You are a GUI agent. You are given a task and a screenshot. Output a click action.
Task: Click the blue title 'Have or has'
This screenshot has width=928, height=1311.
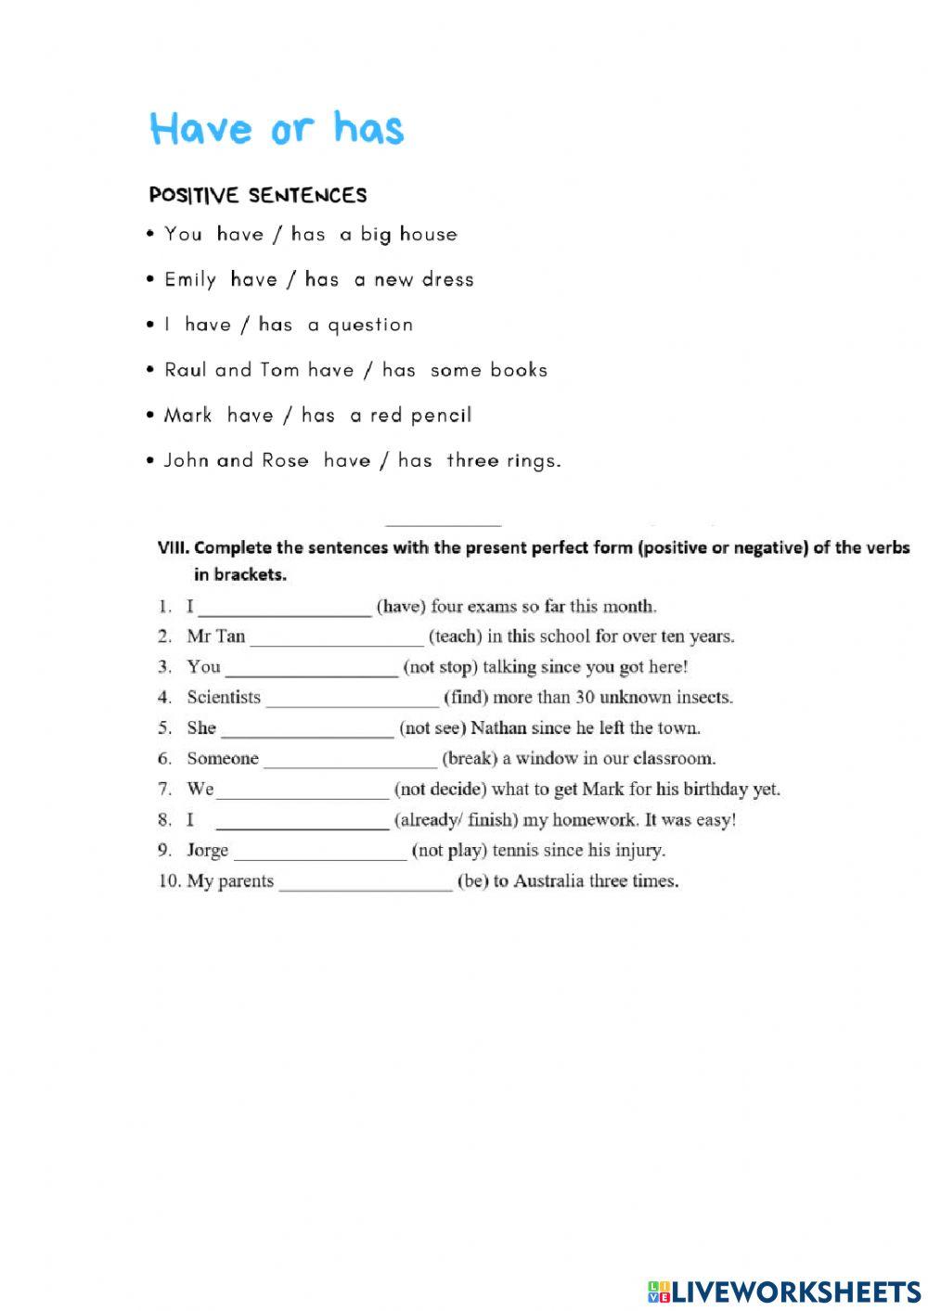coord(277,128)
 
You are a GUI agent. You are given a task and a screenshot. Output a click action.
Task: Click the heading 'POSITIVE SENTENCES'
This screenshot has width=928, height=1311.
coord(258,195)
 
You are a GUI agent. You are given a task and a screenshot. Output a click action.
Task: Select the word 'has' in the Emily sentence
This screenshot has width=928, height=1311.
coord(322,279)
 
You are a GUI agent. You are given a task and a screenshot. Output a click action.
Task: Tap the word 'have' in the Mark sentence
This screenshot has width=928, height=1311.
coord(250,415)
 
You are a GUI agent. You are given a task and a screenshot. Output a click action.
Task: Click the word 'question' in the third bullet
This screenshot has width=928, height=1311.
coord(370,325)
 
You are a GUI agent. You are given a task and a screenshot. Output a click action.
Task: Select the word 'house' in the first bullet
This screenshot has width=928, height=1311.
coord(428,234)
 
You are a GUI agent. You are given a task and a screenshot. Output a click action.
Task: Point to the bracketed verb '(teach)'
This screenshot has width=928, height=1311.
coord(455,636)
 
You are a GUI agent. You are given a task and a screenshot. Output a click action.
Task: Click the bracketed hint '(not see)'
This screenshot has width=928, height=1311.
coord(432,728)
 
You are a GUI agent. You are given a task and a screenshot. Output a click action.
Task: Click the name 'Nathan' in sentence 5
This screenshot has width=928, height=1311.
coord(498,728)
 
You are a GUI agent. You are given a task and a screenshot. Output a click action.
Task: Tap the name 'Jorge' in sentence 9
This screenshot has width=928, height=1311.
coord(207,851)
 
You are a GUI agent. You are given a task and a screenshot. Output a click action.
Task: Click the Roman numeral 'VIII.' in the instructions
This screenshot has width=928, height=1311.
coord(174,547)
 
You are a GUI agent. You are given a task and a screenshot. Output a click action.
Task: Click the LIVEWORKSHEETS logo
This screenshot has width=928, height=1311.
coord(784,1292)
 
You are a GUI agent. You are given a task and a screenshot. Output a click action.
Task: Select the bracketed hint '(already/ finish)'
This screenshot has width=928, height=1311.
coord(456,820)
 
